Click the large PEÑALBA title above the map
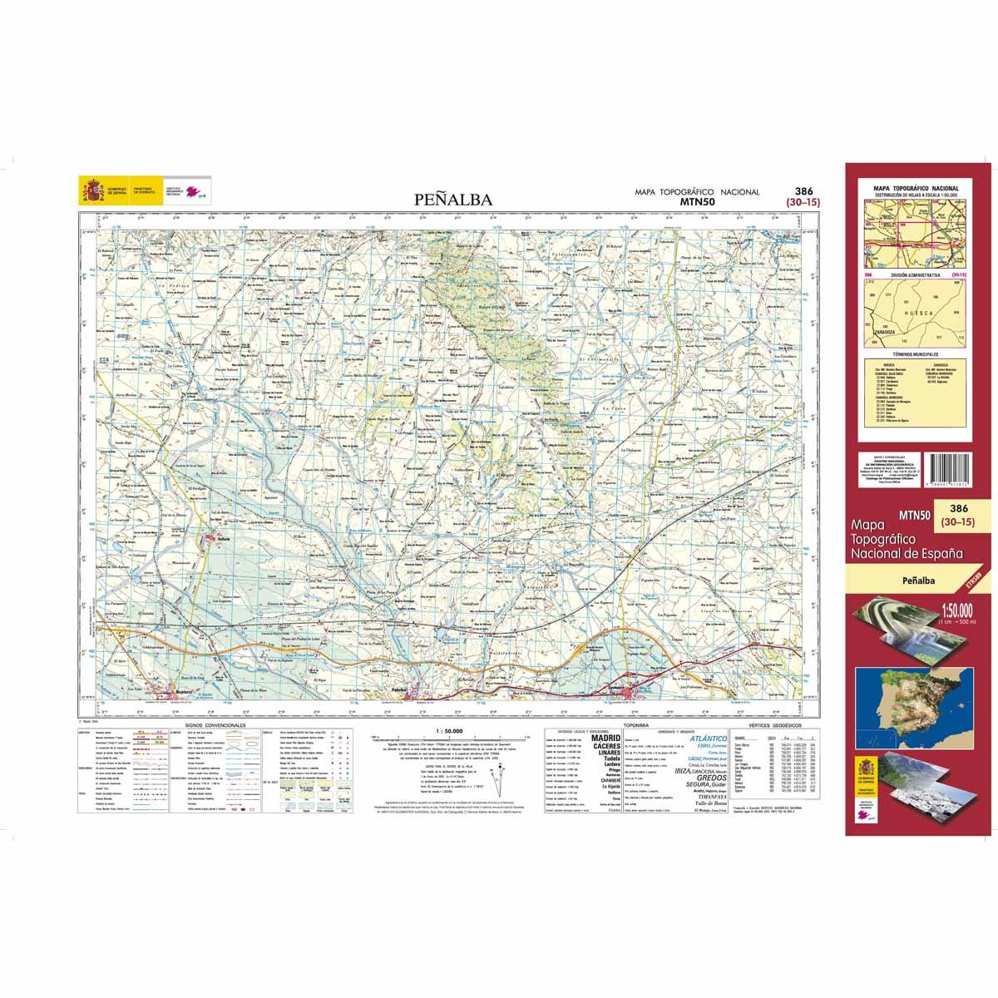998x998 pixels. coord(453,200)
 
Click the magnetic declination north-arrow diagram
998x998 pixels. coord(502,778)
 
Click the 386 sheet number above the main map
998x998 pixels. coord(782,190)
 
